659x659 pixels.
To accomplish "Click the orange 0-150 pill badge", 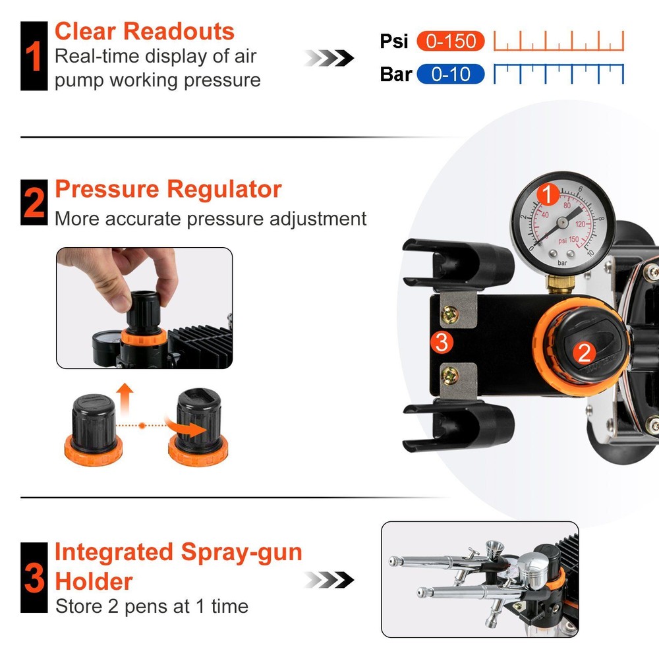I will [451, 42].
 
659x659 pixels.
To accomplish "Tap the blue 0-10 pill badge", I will [450, 74].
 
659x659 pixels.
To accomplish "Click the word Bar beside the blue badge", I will [395, 74].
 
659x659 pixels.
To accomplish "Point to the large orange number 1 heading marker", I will [34, 56].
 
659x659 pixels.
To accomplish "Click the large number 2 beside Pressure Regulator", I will [34, 203].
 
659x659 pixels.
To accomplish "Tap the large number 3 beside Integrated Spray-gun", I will [34, 577].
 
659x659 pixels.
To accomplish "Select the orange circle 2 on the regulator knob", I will [584, 353].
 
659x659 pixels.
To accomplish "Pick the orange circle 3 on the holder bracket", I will [442, 342].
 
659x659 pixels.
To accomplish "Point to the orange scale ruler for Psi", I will [558, 42].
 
